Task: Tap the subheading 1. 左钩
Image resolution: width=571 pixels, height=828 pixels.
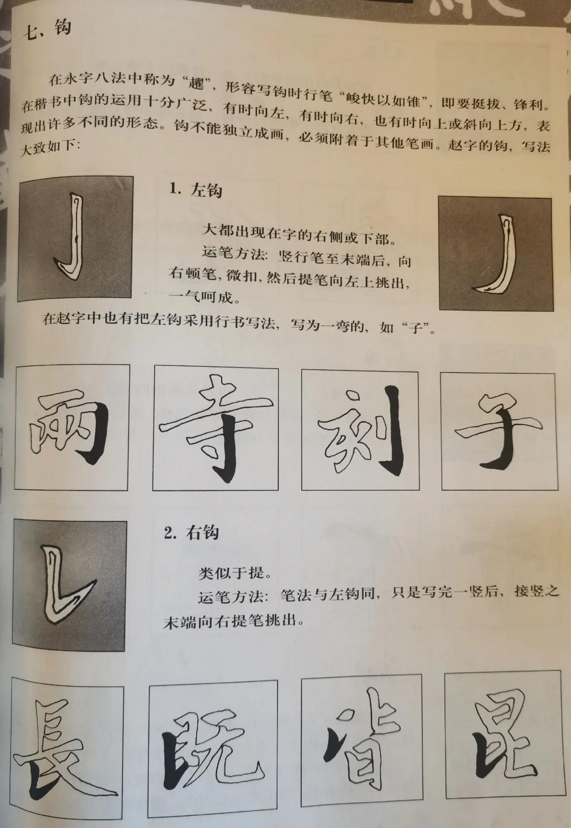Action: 196,190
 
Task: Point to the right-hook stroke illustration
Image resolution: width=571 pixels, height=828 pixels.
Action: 66,587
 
